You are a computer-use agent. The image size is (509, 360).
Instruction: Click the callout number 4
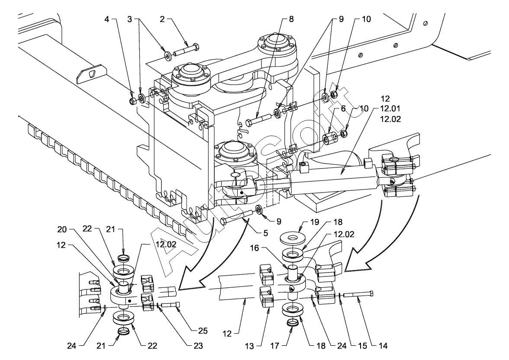pyautogui.click(x=107, y=19)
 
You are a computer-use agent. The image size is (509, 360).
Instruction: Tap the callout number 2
pyautogui.click(x=162, y=19)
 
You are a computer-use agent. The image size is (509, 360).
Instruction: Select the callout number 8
pyautogui.click(x=291, y=19)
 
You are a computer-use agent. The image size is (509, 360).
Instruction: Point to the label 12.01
pyautogui.click(x=390, y=109)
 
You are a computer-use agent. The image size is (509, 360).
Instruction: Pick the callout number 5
pyautogui.click(x=266, y=233)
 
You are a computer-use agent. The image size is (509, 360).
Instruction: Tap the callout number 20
pyautogui.click(x=61, y=230)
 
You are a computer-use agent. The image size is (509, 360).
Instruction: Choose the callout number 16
pyautogui.click(x=254, y=248)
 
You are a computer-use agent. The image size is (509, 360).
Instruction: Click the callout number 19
pyautogui.click(x=315, y=222)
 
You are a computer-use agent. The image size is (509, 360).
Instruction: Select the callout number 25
pyautogui.click(x=203, y=331)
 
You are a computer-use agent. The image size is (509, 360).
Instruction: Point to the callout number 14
pyautogui.click(x=383, y=346)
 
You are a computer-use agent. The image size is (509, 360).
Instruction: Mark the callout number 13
pyautogui.click(x=249, y=346)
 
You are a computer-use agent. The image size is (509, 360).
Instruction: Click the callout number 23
pyautogui.click(x=198, y=346)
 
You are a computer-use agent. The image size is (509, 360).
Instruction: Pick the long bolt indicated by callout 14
pyautogui.click(x=358, y=294)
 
